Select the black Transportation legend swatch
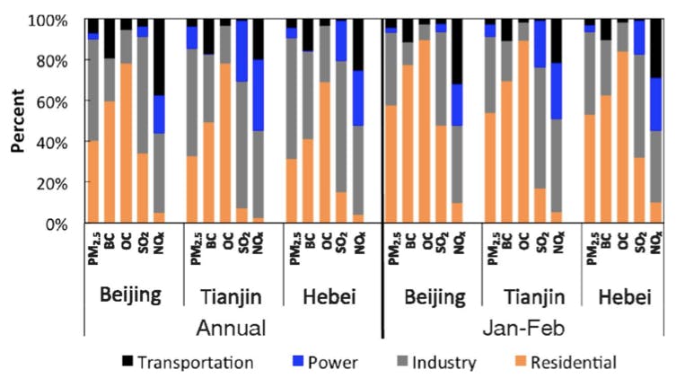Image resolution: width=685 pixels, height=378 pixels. pyautogui.click(x=127, y=363)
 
